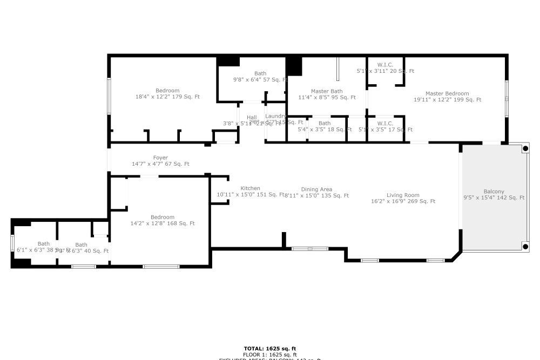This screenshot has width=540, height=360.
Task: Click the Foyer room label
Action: [x=160, y=158]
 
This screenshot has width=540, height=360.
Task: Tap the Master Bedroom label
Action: [x=447, y=93]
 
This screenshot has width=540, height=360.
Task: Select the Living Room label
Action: [x=403, y=195]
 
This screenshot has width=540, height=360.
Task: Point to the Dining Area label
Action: [x=316, y=189]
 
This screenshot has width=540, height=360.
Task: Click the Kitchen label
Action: [x=250, y=188]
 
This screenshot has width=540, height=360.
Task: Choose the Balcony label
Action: [x=494, y=192]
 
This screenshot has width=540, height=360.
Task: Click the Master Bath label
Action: [x=327, y=91]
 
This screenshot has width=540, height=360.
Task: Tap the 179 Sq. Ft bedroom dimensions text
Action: [x=167, y=97]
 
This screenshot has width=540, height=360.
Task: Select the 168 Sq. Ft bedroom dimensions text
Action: [x=163, y=223]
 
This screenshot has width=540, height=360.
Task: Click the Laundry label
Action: [x=275, y=116]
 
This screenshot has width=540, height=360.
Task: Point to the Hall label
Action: [x=252, y=117]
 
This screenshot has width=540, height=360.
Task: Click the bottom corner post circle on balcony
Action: [x=525, y=247]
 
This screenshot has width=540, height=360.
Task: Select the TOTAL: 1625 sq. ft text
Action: [x=269, y=349]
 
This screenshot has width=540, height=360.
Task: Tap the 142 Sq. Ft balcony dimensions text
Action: [x=494, y=198]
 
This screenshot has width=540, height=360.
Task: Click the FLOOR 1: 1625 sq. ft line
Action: [x=269, y=355]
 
